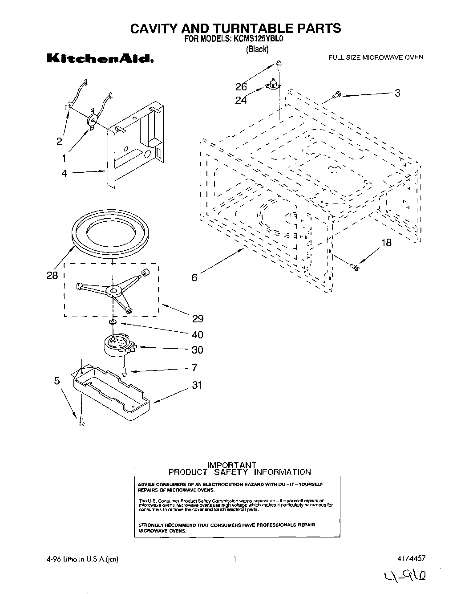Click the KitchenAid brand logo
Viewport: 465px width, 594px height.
[100, 59]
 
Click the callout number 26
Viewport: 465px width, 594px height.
[241, 87]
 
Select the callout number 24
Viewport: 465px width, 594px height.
[241, 100]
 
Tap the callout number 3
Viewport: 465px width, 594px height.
[397, 93]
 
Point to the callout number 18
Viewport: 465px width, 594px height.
[386, 243]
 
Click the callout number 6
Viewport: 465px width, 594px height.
[194, 277]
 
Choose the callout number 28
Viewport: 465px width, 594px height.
[52, 276]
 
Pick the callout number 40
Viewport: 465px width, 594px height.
[197, 334]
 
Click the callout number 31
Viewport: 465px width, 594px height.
[197, 385]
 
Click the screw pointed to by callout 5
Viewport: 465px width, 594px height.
[81, 421]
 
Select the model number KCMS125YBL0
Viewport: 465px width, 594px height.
[257, 39]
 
